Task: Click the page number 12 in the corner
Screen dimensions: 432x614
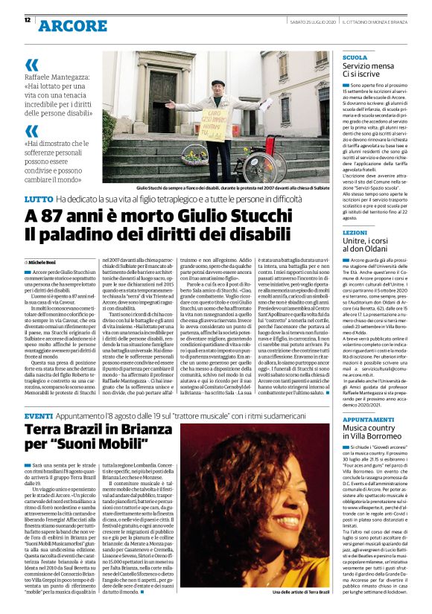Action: [27, 20]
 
